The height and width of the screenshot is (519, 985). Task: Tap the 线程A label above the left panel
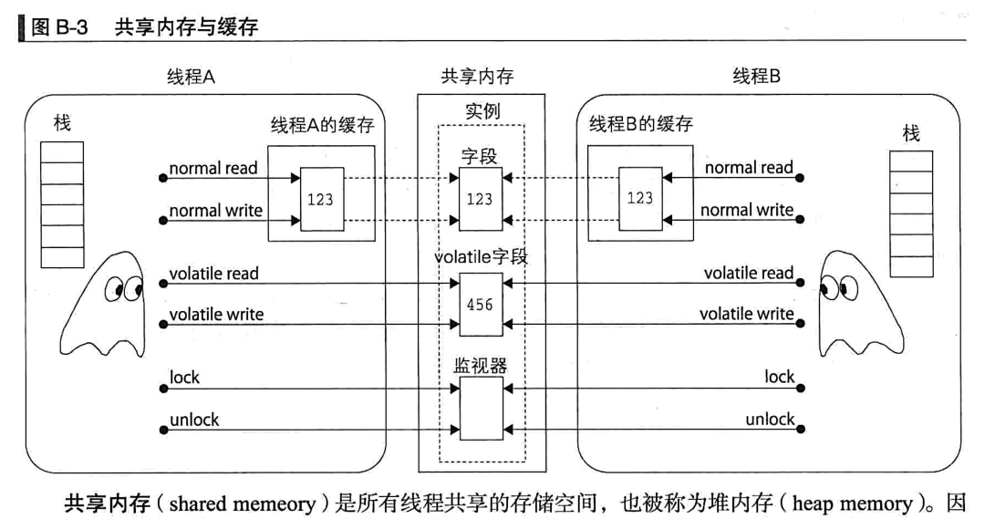[x=191, y=78]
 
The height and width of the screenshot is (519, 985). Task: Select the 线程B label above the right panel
[x=757, y=78]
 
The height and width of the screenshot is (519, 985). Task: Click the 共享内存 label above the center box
[x=477, y=78]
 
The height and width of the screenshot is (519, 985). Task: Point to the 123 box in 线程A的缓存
[x=321, y=199]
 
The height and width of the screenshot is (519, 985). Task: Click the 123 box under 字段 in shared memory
[x=480, y=199]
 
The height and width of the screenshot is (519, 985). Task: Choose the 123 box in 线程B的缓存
[x=639, y=198]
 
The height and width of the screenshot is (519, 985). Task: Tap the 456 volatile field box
[x=480, y=305]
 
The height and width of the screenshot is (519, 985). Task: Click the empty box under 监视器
[x=480, y=408]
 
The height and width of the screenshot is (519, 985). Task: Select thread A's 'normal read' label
[x=213, y=169]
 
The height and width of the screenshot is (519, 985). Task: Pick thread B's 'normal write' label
[x=747, y=211]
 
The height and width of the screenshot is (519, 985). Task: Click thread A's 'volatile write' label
[x=216, y=315]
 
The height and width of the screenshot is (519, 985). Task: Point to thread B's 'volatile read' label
[x=749, y=273]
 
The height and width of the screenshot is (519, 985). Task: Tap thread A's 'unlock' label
[x=194, y=420]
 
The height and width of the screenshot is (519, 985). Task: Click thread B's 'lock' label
[x=780, y=377]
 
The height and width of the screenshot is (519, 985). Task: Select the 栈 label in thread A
[x=62, y=124]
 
